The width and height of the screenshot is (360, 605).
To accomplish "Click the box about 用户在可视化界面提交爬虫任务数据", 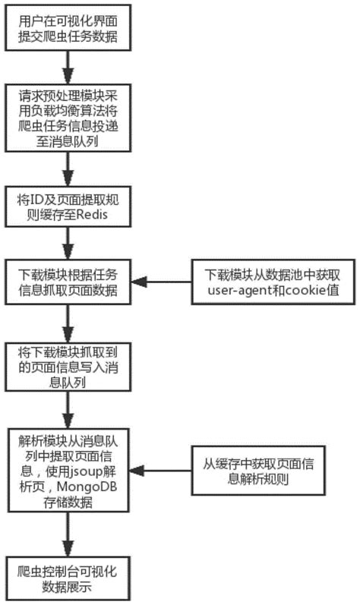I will click(69, 27).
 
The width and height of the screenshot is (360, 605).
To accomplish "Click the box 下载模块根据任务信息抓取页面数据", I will click(69, 281).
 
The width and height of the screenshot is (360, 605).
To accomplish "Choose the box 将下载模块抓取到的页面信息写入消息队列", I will click(69, 367).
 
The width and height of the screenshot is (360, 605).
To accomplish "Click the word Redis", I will click(90, 216).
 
